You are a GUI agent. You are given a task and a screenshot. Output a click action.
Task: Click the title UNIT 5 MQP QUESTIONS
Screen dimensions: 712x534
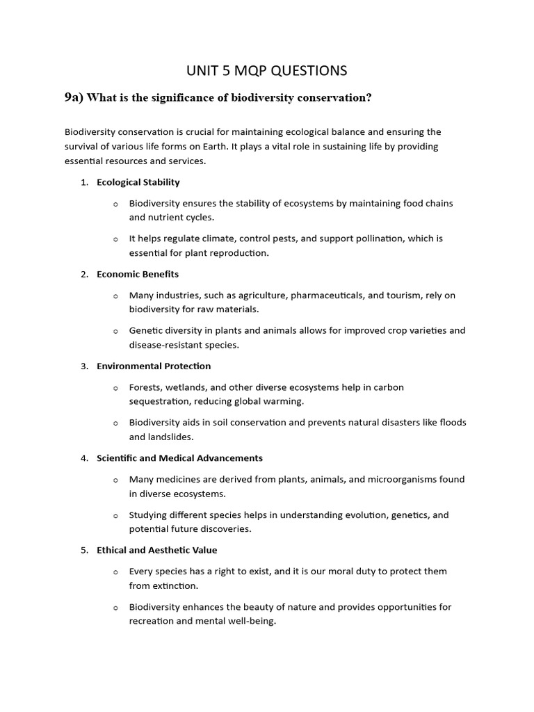(267, 70)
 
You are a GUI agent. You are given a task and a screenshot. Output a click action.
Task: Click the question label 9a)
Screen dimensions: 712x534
(74, 98)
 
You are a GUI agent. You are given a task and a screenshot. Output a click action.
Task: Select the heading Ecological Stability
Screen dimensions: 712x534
(138, 182)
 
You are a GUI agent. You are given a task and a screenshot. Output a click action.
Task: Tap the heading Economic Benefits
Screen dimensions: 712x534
(138, 274)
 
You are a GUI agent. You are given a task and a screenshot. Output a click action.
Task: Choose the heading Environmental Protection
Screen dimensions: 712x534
(154, 366)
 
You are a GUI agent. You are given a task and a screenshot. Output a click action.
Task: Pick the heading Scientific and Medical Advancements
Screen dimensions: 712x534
(179, 458)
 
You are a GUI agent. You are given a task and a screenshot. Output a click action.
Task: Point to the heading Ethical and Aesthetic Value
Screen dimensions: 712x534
(157, 550)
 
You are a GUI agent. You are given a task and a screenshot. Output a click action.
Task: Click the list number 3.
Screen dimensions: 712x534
(83, 366)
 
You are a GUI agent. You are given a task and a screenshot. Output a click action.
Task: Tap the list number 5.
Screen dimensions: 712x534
(83, 550)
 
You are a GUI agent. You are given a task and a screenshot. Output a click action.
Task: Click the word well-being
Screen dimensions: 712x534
(250, 621)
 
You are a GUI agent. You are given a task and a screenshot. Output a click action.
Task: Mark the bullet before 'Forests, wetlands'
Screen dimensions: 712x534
(115, 387)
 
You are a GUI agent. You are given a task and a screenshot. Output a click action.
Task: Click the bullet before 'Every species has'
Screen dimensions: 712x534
(115, 572)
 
